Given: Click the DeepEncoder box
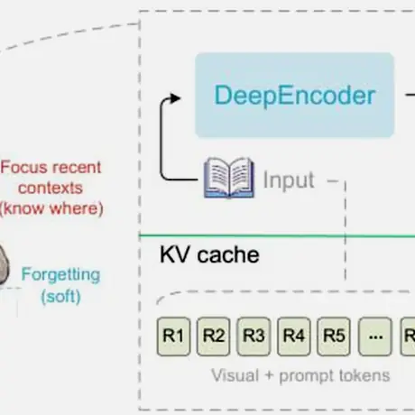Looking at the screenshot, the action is [294, 95].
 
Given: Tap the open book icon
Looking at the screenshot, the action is [229, 178].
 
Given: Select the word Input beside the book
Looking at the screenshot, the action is [289, 180].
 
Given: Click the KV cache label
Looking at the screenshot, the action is [209, 254].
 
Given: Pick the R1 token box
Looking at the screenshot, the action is [173, 337].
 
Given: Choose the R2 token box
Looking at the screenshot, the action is [214, 337].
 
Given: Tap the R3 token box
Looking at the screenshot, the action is [254, 337].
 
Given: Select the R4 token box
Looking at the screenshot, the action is [294, 337].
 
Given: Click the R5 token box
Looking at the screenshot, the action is [334, 337].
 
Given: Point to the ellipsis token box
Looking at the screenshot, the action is [375, 337].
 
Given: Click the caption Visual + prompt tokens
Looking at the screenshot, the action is [300, 376].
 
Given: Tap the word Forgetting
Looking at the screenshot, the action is [60, 275].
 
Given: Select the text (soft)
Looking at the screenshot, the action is [60, 297].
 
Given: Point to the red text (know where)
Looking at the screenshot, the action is [51, 208].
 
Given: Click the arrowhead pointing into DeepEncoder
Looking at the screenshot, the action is [175, 98].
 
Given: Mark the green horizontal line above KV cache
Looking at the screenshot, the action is [277, 236].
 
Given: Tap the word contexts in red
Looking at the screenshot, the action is [51, 189].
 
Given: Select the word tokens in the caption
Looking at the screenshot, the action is [364, 375].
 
